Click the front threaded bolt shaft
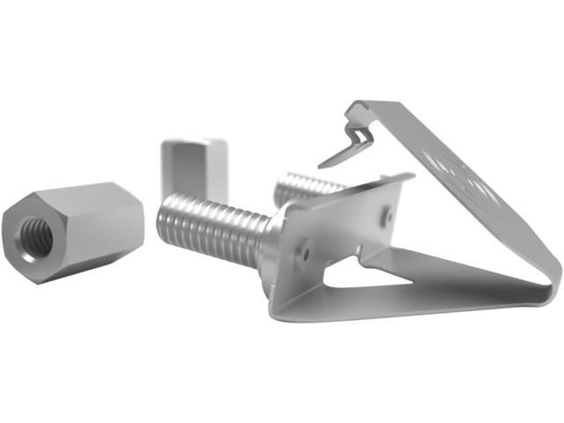tap(211, 226)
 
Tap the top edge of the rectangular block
tap(194, 141)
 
